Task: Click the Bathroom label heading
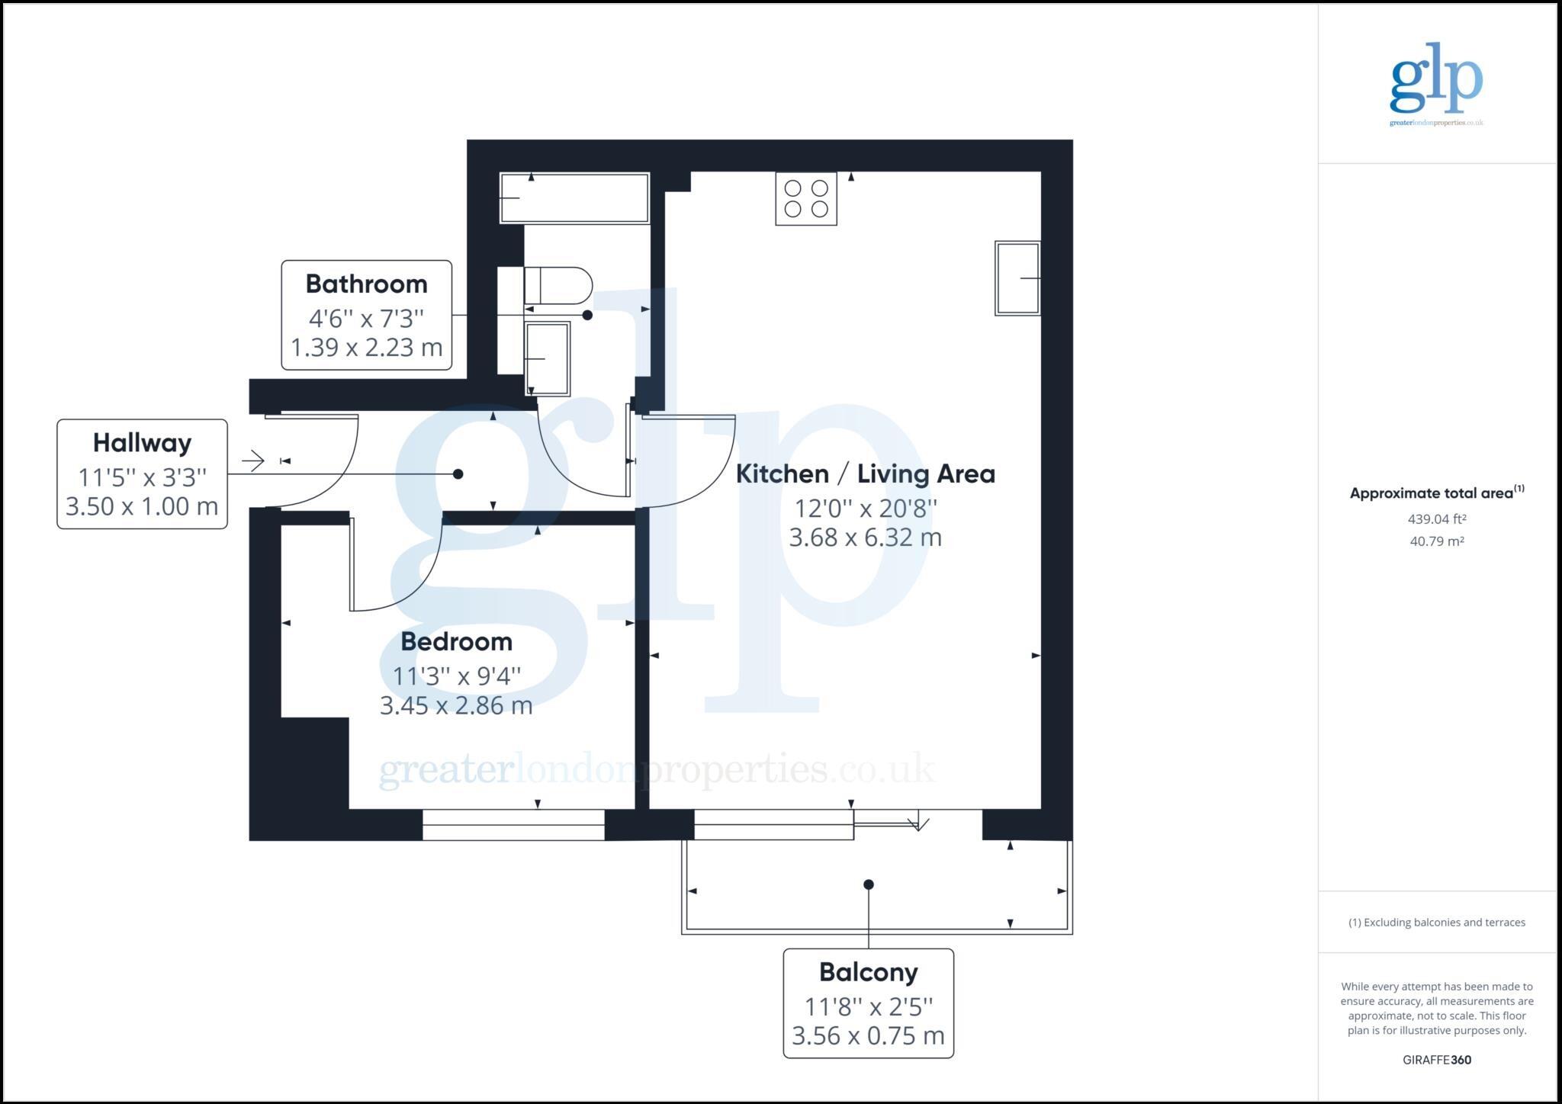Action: coord(366,284)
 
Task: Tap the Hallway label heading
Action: coord(142,442)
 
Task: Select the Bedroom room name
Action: coord(456,641)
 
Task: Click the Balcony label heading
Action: coord(868,972)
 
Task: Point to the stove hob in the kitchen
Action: coord(806,198)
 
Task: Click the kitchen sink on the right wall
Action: coord(1017,278)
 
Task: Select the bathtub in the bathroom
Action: coord(574,198)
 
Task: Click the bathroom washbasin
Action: coord(548,358)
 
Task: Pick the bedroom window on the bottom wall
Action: coord(513,825)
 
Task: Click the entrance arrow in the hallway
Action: coord(252,461)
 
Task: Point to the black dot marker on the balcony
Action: coord(868,884)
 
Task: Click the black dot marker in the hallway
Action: coord(458,474)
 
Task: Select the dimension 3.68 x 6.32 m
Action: coord(865,538)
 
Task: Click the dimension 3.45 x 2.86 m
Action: coord(456,706)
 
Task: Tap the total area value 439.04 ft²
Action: coord(1437,519)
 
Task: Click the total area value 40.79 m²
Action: coord(1437,541)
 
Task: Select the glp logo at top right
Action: coord(1436,84)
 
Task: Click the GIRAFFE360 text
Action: coord(1437,1060)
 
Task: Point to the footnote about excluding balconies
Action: coord(1437,923)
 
